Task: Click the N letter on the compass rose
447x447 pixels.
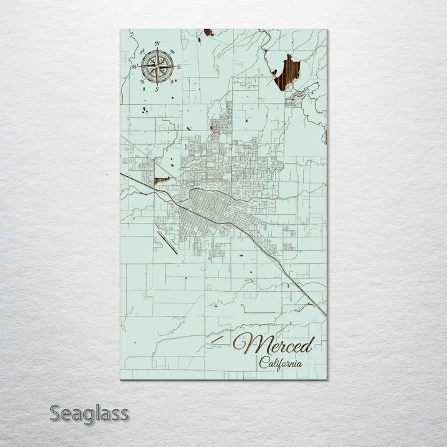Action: [x=158, y=43]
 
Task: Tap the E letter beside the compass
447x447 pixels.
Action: [x=179, y=66]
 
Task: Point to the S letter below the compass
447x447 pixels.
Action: [x=157, y=89]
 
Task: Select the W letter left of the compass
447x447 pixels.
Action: [x=133, y=66]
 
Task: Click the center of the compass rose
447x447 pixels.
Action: [x=157, y=66]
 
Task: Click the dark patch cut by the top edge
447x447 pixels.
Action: [x=208, y=32]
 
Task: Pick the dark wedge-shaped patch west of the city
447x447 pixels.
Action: [x=161, y=180]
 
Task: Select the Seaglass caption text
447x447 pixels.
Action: [x=89, y=413]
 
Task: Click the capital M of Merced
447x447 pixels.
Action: [x=245, y=343]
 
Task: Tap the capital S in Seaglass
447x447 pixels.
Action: [x=56, y=413]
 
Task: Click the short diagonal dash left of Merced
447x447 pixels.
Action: [x=217, y=339]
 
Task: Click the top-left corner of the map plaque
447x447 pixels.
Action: [x=120, y=30]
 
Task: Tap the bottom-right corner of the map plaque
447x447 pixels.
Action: [x=327, y=379]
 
